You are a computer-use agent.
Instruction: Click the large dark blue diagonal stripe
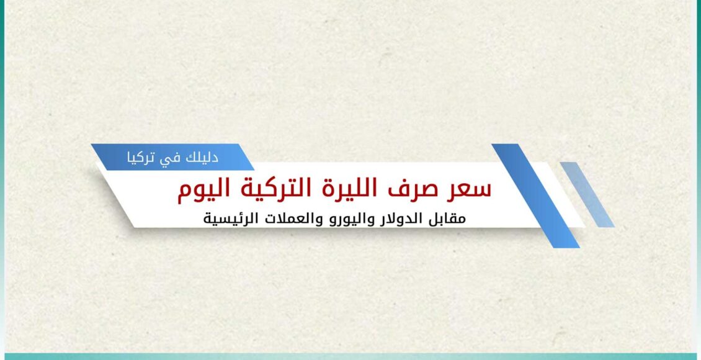[x=535, y=196]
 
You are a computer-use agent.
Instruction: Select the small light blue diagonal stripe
[x=587, y=194]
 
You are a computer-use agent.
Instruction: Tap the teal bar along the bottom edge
[x=351, y=356]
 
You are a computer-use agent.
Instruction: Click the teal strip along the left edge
[x=2, y=179]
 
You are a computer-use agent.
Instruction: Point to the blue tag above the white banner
[x=172, y=157]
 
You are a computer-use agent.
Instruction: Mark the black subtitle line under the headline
[x=334, y=219]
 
